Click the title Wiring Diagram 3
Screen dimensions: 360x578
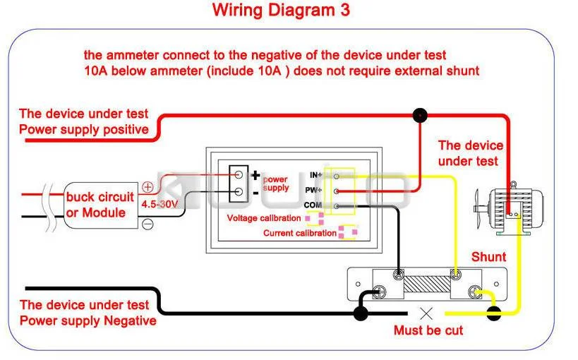(x=280, y=11)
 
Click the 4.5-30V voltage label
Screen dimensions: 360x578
(x=159, y=204)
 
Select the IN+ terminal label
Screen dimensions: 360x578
(x=315, y=174)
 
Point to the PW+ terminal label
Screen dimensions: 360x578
(x=315, y=190)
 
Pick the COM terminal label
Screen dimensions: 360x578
(x=313, y=205)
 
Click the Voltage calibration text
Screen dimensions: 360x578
(x=264, y=218)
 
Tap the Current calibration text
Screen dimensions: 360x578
(x=299, y=233)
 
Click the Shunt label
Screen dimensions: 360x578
(x=488, y=257)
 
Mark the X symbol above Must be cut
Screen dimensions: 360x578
(x=426, y=313)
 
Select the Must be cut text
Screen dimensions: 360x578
(x=428, y=330)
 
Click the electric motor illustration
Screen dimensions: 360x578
(x=507, y=207)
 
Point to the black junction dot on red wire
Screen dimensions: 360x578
(x=420, y=114)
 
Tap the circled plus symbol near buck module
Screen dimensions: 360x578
(x=148, y=188)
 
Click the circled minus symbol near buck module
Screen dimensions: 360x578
(x=148, y=224)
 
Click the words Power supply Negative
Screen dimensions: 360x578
(x=88, y=320)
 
